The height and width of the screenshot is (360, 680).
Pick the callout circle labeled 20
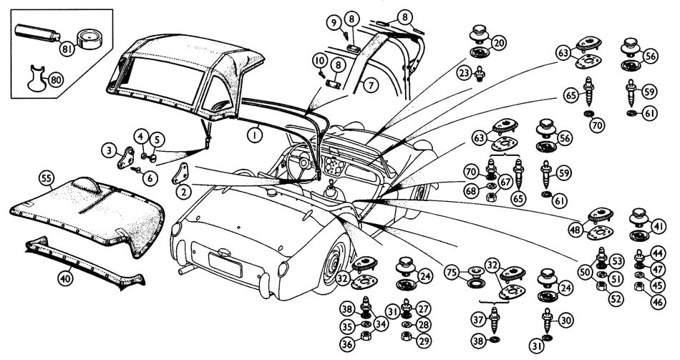[499, 44]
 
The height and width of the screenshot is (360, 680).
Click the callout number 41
[659, 227]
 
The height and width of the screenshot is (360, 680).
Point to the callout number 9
[334, 22]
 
